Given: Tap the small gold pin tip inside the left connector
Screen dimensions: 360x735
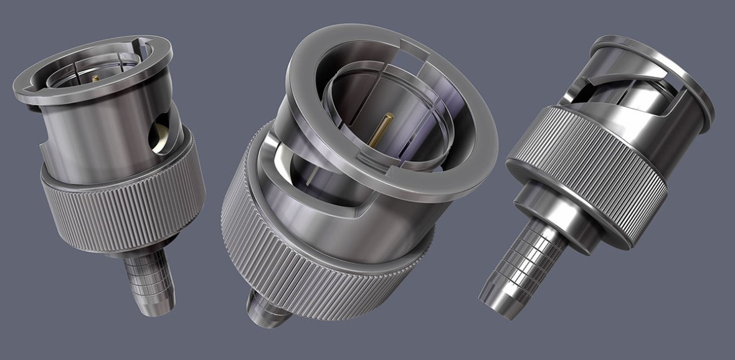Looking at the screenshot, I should [95, 78].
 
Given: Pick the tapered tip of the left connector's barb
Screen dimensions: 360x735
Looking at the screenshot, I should [149, 305].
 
